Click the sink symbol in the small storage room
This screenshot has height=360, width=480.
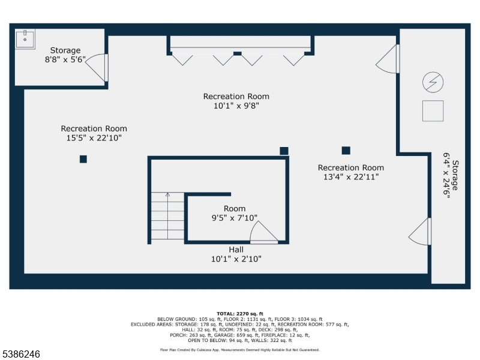tap(25, 38)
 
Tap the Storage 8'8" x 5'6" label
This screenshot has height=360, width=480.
tap(65, 55)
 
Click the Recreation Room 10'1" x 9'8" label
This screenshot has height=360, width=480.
tap(236, 101)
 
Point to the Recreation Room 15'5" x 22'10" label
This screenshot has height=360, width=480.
tap(94, 133)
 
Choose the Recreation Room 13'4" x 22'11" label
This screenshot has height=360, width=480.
tap(350, 172)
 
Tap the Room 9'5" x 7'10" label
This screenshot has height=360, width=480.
tap(235, 214)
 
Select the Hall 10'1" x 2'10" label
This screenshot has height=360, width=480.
tap(236, 254)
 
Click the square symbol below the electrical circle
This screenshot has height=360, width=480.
tap(433, 111)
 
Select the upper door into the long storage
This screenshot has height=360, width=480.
tap(389, 59)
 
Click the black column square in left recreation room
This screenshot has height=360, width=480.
tap(83, 159)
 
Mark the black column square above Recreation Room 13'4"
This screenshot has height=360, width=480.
tap(346, 150)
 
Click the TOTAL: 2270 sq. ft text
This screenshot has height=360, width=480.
tap(239, 313)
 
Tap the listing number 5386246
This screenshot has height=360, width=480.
tap(22, 354)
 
